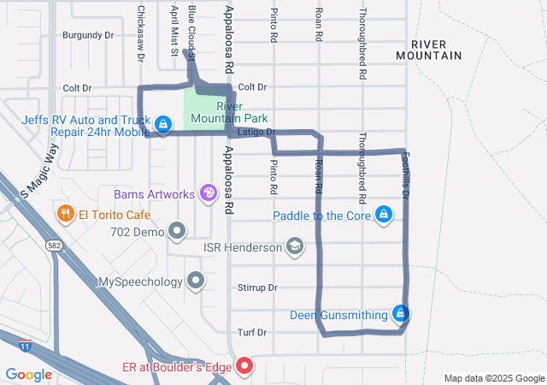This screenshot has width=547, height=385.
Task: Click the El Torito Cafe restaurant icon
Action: [x=64, y=213]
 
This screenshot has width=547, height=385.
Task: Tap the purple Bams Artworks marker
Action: [x=208, y=194]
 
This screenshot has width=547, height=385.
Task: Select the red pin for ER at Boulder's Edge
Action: [x=244, y=367]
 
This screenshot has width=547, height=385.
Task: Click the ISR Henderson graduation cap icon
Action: [x=295, y=247]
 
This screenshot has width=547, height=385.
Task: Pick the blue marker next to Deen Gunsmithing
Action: [x=399, y=314]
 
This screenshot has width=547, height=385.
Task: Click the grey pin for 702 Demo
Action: [x=177, y=231]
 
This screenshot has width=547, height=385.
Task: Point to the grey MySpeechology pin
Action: [x=196, y=281]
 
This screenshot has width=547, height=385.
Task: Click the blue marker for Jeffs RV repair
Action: [x=162, y=126]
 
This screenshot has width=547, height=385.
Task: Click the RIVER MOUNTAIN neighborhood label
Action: [x=429, y=50]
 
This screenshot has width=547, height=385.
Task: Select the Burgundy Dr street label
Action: [x=88, y=36]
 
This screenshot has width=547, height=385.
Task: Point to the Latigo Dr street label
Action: [x=256, y=133]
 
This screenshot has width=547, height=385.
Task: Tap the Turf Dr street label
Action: [x=252, y=332]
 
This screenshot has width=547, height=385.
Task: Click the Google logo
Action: [x=28, y=374]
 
